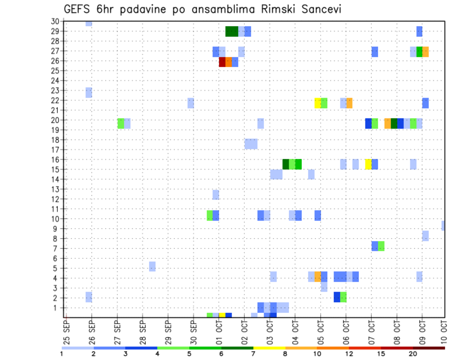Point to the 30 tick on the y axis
[x=55, y=21]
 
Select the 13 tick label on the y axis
[x=55, y=189]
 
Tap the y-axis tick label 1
[x=57, y=308]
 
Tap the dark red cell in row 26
[x=222, y=62]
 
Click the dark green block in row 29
[x=232, y=32]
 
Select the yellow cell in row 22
[x=317, y=103]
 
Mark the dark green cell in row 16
[x=285, y=164]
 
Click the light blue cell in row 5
[x=152, y=266]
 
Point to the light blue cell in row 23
[x=89, y=93]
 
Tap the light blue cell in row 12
[x=216, y=195]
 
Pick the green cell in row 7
[x=381, y=246]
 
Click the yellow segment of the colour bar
[x=269, y=347]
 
